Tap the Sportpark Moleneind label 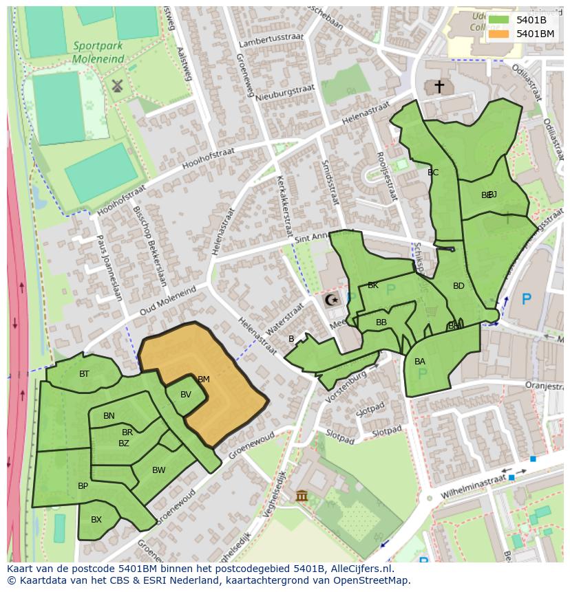(x=99, y=53)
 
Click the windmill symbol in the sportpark (x=116, y=86)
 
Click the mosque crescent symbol (x=332, y=300)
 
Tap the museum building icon (x=302, y=496)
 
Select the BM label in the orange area (x=203, y=379)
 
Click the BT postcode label (x=84, y=374)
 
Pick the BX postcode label (x=96, y=520)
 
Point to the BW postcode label (x=159, y=470)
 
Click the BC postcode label (x=433, y=173)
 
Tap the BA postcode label (x=420, y=362)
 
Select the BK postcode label (x=373, y=285)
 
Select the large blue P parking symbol (x=527, y=299)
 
